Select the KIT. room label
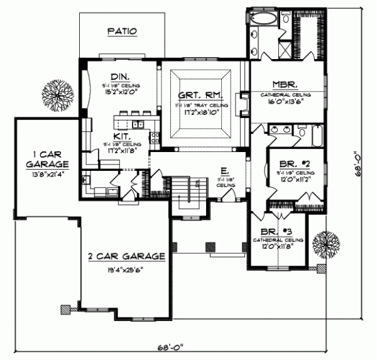[x=122, y=135]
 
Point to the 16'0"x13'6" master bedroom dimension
[x=288, y=100]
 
